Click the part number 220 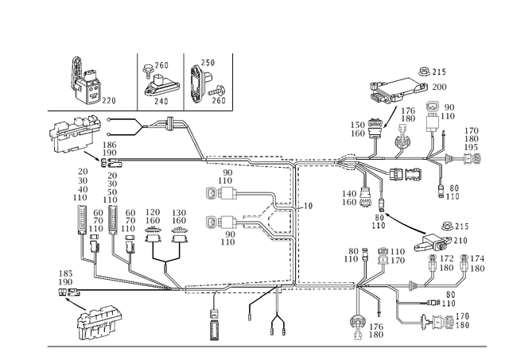point(109,101)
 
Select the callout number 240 point(161,102)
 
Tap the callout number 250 point(208,63)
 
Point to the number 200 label point(439,87)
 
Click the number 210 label point(460,241)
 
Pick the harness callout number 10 point(308,206)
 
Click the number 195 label point(471,147)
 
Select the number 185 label point(65,273)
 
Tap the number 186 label point(110,145)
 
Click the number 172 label point(446,259)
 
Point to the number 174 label point(477,259)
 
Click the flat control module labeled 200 point(398,89)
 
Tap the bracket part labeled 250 point(199,83)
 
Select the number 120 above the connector point(152,212)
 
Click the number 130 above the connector point(179,213)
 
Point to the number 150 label point(358,126)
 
